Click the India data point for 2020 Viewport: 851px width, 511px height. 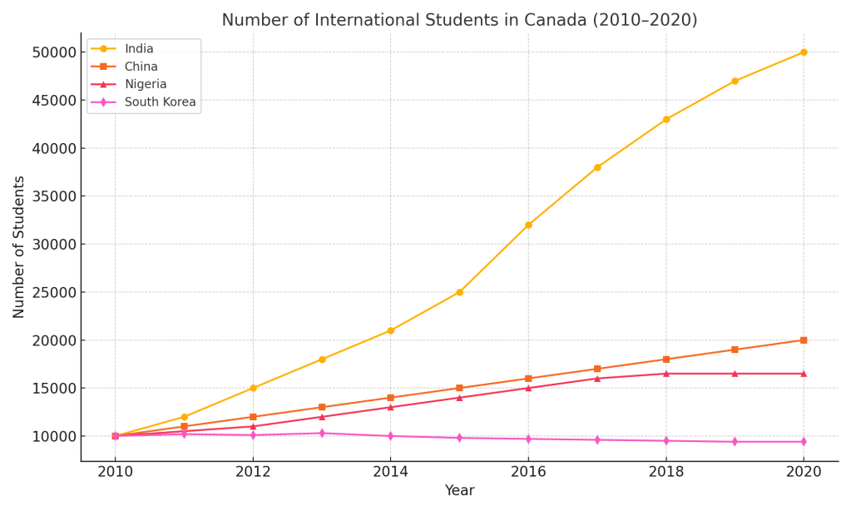pos(804,52)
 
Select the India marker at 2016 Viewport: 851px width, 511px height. pos(528,225)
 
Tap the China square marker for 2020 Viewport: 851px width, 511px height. pos(804,340)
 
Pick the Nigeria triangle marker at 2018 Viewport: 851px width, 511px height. pos(665,374)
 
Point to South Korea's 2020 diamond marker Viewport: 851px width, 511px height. pos(804,442)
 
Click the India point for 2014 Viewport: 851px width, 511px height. pos(390,330)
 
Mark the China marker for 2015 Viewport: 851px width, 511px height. pos(459,388)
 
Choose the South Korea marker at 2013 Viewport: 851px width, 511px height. pos(322,433)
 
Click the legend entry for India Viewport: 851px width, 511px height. pos(139,49)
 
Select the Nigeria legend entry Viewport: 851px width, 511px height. pos(146,84)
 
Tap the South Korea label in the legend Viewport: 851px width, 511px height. pos(161,102)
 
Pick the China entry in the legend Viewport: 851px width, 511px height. pos(141,67)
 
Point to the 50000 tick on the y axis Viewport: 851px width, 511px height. pos(52,52)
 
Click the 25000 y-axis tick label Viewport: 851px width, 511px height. pos(52,292)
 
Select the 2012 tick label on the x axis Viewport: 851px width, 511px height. pos(253,472)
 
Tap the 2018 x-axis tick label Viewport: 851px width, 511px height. pos(665,472)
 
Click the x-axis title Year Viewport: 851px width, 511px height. pos(459,491)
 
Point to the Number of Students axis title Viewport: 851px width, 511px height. pos(19,246)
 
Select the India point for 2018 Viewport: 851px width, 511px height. pos(665,119)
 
